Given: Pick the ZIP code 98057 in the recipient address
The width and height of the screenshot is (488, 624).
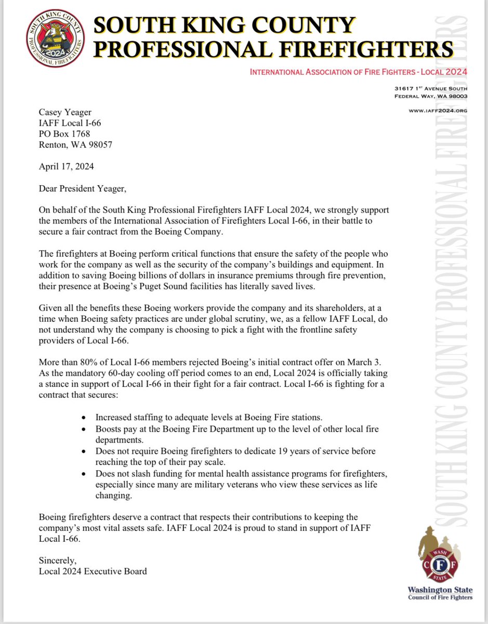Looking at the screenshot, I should (99, 145).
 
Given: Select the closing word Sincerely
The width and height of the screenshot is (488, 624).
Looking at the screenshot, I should (58, 560).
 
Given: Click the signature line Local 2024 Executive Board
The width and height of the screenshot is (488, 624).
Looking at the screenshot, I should (93, 571).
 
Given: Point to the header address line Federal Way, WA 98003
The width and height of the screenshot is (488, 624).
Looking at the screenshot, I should (431, 97).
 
